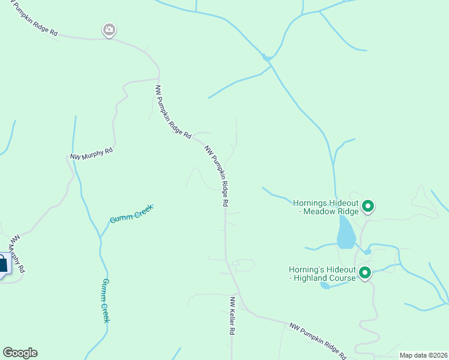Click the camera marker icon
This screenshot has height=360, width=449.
[109, 29]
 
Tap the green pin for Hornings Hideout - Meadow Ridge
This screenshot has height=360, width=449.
[368, 207]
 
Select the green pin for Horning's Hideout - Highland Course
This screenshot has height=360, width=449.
[364, 274]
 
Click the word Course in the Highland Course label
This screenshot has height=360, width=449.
[341, 278]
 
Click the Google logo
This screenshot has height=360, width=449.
[20, 352]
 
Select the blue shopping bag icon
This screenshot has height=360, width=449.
[3, 264]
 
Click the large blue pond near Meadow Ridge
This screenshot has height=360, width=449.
[346, 233]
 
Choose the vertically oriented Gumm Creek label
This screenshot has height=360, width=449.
[106, 300]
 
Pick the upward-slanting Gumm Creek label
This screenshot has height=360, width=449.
[131, 214]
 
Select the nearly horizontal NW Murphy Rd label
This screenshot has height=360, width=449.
[91, 154]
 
